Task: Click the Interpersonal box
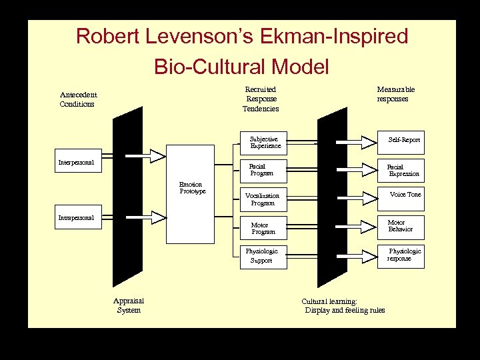(x=78, y=161)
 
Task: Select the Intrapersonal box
(x=78, y=217)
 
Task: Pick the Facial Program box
(x=263, y=170)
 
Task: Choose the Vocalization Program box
(x=263, y=199)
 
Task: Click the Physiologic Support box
(x=263, y=256)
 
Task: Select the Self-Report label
(x=405, y=140)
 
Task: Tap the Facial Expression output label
(x=404, y=171)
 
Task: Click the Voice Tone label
(x=405, y=195)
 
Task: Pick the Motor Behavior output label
(x=400, y=225)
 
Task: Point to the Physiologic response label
(x=404, y=255)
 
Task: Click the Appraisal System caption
(x=129, y=305)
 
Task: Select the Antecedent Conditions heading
(x=77, y=99)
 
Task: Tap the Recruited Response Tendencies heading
(x=261, y=99)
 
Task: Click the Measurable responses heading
(x=395, y=94)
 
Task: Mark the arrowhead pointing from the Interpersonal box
(x=157, y=156)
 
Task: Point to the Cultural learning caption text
(x=344, y=306)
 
